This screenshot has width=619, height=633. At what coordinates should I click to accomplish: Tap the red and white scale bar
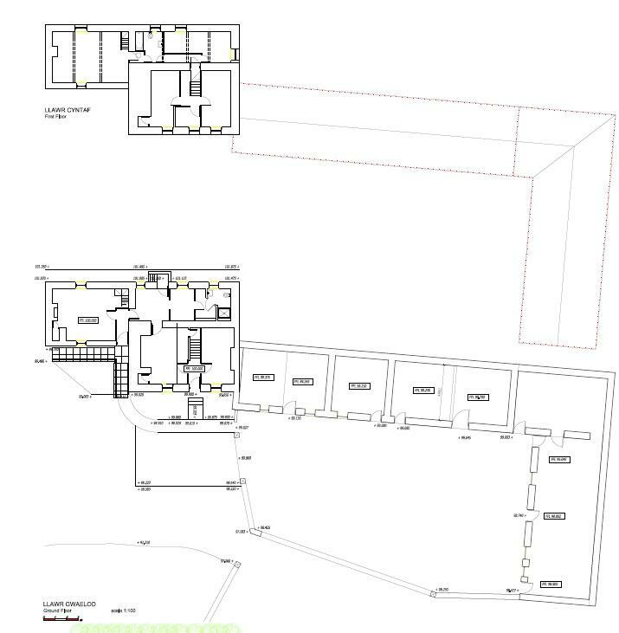[62, 618]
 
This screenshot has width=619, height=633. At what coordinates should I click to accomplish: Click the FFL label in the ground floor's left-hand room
[87, 320]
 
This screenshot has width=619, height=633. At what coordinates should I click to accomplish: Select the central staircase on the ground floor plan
[194, 347]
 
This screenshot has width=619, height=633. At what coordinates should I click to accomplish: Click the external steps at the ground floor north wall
[157, 278]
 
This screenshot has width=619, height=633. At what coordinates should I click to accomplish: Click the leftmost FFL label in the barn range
[261, 377]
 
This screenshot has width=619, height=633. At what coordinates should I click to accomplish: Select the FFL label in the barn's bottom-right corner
[551, 585]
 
